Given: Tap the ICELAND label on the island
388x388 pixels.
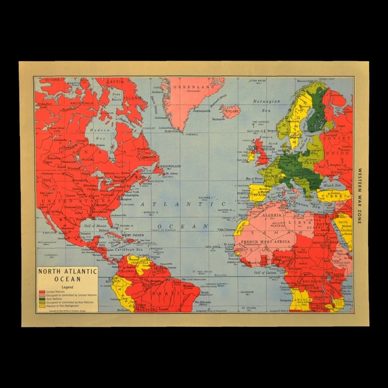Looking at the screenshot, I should pos(232,111).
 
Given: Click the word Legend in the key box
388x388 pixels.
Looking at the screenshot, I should pos(67,287).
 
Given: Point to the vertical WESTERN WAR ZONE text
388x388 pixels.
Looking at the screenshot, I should pos(360,195).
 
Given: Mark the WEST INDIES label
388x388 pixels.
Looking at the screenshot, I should pos(133,235).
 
